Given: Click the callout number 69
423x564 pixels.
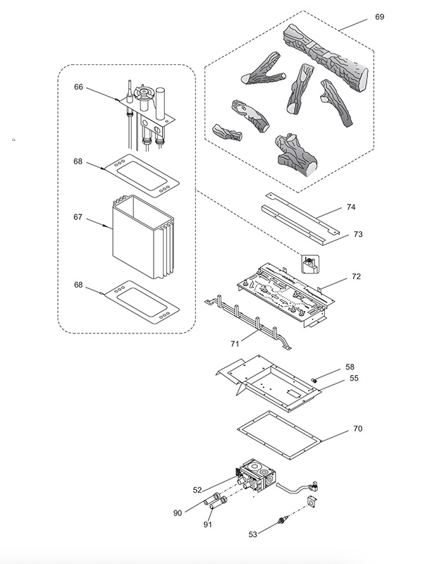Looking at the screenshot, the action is click(x=379, y=17).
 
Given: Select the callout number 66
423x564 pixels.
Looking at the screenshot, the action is click(x=78, y=87).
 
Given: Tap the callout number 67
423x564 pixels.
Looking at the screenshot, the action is click(x=78, y=217).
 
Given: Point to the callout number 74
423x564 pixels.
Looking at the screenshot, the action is click(x=351, y=207).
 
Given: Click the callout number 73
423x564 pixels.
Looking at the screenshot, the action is click(x=358, y=235).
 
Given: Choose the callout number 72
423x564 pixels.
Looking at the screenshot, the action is click(x=356, y=276).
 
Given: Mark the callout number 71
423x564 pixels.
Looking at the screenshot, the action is click(x=235, y=344).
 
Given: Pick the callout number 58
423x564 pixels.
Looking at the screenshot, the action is click(x=350, y=367).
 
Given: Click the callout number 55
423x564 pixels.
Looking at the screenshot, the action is click(x=355, y=378).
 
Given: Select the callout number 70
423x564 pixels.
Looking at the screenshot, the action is click(x=358, y=429).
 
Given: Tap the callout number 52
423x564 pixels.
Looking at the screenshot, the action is click(x=197, y=490).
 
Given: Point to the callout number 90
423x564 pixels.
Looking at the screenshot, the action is click(x=178, y=513).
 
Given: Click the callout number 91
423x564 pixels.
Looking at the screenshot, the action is click(x=207, y=525).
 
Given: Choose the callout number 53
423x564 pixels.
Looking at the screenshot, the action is click(x=253, y=535).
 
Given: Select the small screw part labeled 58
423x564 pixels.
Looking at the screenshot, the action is click(x=314, y=380).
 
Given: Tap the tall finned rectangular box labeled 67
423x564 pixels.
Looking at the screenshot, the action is click(x=143, y=238).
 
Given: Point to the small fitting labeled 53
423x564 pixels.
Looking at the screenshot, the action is click(x=283, y=521).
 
